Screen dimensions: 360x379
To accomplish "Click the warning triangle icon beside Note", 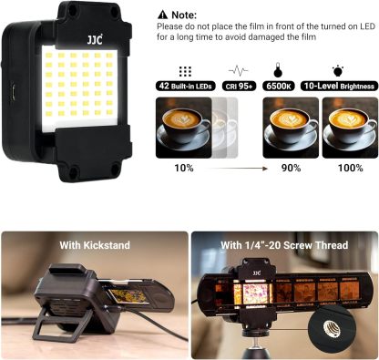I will [x=162, y=15].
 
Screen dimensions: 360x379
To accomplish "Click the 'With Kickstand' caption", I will [x=94, y=244].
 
